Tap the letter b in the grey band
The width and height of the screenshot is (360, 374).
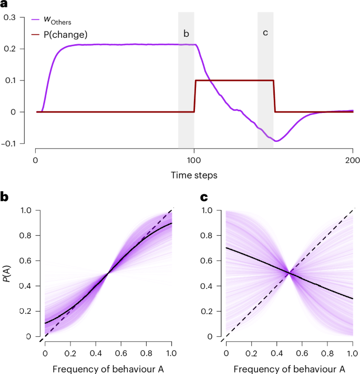click(x=186, y=34)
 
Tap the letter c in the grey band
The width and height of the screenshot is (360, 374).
click(x=265, y=33)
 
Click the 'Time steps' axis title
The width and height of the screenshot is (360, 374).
click(x=194, y=174)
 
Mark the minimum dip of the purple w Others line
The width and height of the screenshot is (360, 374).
click(x=276, y=141)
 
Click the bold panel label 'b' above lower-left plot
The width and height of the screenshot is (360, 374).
click(x=5, y=198)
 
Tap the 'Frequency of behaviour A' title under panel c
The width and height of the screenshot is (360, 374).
click(x=289, y=367)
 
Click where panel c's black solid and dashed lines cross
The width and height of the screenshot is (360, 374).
click(x=289, y=273)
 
